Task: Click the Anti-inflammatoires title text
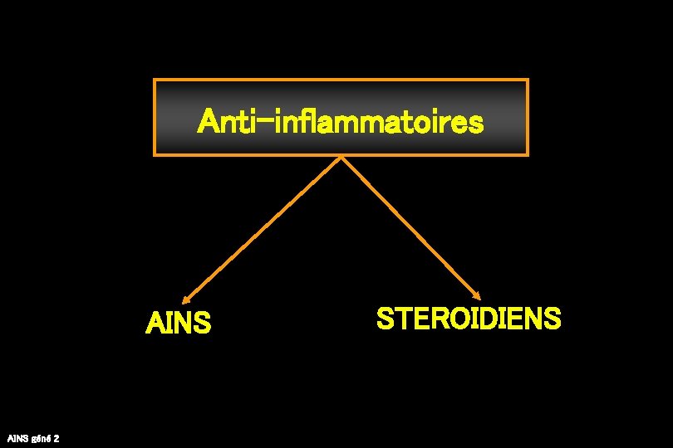(x=341, y=123)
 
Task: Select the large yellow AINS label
(x=178, y=323)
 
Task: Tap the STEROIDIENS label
(x=469, y=318)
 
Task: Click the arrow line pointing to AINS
(x=262, y=228)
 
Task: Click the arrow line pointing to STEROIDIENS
(x=411, y=226)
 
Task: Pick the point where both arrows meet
(x=341, y=158)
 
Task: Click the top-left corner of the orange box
(x=155, y=80)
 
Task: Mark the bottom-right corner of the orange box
(x=528, y=154)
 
